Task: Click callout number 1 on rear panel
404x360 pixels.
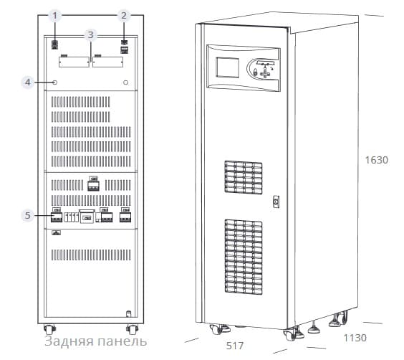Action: (x=54, y=16)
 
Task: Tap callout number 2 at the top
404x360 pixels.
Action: (x=124, y=16)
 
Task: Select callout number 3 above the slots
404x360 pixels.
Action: (x=90, y=35)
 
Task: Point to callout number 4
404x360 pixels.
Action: (x=27, y=82)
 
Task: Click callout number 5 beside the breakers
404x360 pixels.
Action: (x=27, y=215)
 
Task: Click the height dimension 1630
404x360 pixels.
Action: (x=377, y=160)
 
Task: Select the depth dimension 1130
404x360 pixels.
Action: (x=355, y=338)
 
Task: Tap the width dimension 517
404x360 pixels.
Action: (x=235, y=346)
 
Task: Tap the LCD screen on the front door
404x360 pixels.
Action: (x=227, y=67)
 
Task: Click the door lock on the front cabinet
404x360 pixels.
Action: (x=276, y=202)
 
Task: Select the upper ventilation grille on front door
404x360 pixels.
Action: (x=244, y=177)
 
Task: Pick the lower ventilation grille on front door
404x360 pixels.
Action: (x=244, y=257)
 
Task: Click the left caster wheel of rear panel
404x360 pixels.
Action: (x=49, y=329)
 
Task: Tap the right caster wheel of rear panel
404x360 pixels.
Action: (x=133, y=329)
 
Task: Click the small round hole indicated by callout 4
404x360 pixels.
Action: (x=54, y=82)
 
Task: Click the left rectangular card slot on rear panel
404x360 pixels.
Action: (x=74, y=62)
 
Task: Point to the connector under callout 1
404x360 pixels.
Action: (x=54, y=44)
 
